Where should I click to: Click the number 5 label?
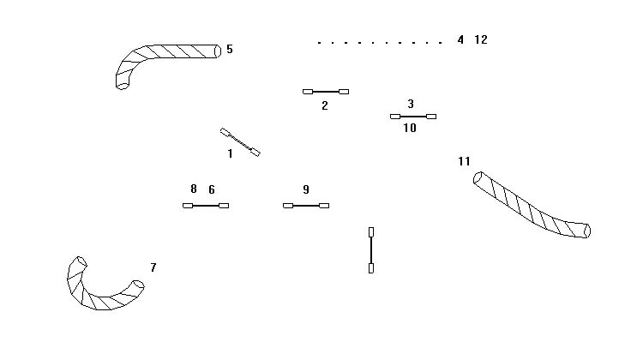230,50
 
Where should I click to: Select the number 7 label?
153,268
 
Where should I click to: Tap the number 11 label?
465,161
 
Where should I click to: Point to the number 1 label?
230,154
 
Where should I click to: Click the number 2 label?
325,106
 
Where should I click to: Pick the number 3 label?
411,104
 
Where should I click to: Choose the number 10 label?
410,128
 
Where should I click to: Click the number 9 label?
306,189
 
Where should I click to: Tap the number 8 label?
194,189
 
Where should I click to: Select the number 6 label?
212,189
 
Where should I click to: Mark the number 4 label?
460,39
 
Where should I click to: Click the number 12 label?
480,39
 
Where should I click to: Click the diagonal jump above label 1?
240,142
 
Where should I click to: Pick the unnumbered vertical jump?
371,249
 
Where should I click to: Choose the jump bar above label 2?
326,91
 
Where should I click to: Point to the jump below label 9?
306,206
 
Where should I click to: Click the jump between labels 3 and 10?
413,116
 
